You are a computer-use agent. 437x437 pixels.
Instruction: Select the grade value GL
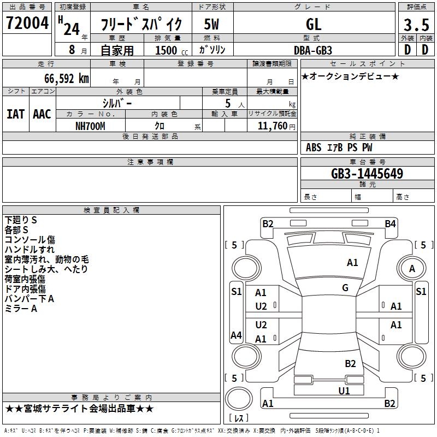(x=314, y=24)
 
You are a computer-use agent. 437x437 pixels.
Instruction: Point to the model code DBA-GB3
(x=312, y=50)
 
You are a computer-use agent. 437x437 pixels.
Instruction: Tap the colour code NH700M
(x=90, y=126)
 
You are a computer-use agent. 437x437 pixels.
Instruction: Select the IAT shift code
(x=15, y=114)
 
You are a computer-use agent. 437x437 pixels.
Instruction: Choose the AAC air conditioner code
(x=42, y=114)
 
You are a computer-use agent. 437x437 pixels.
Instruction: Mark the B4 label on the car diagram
(x=390, y=223)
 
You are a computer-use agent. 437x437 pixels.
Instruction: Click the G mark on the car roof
(x=345, y=288)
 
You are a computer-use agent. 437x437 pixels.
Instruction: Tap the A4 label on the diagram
(x=236, y=335)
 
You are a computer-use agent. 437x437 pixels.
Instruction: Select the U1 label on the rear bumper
(x=344, y=391)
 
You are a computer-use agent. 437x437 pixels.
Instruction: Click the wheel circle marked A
(x=412, y=268)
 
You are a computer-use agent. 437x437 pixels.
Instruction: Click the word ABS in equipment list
(x=314, y=147)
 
